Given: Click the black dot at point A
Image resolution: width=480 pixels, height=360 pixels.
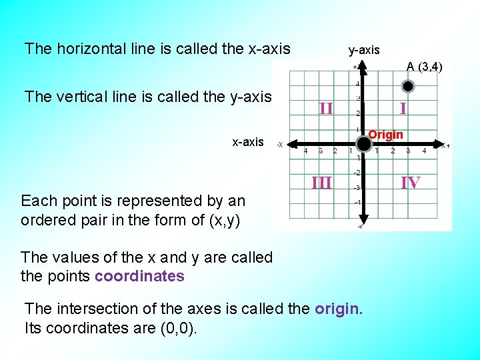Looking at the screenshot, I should (409, 86).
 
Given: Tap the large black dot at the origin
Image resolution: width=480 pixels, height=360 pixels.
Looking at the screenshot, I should (363, 143).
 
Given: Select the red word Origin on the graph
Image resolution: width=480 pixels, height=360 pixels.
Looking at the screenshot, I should (386, 135).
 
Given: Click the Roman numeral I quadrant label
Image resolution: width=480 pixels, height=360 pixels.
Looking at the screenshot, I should (403, 107).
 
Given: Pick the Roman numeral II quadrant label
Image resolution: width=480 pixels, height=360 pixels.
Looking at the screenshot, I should (326, 107).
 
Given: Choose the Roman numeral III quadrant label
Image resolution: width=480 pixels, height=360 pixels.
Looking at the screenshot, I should (322, 181).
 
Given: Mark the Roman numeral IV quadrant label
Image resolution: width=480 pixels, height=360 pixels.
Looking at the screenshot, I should (410, 181).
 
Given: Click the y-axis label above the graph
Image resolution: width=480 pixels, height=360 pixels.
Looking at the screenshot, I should (364, 50).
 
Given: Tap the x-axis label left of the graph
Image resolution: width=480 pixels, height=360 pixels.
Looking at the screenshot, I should (247, 142).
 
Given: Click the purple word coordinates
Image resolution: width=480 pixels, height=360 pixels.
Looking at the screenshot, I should (139, 276).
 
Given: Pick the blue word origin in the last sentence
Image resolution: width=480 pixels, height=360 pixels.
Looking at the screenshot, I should (338, 309).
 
